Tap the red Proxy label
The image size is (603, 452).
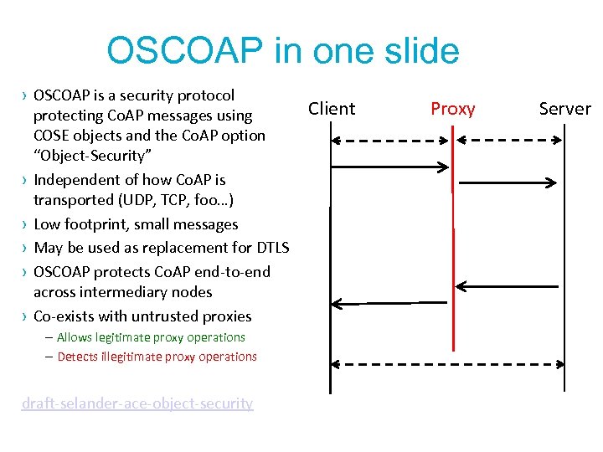coord(452,109)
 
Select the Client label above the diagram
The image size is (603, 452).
coord(332,109)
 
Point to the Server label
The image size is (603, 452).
coord(564,109)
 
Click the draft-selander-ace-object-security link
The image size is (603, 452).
coord(137,403)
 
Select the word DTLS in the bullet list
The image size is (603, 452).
coord(269,248)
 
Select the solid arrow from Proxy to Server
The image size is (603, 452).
coord(506,181)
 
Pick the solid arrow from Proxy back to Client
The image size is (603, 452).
coord(390,303)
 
